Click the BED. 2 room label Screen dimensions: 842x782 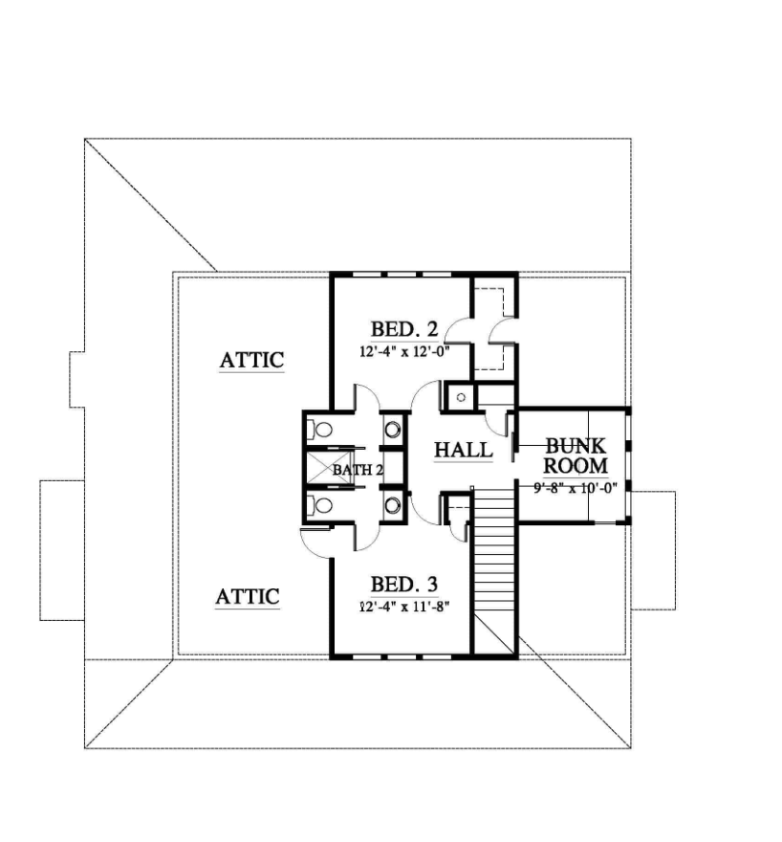tap(404, 330)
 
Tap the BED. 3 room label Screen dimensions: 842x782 tap(404, 584)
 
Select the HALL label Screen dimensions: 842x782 tap(464, 450)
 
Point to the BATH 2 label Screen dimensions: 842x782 tap(358, 470)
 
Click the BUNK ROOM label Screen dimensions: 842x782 tap(576, 456)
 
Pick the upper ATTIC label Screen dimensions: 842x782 tap(251, 361)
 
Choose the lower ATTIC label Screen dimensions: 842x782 tap(247, 597)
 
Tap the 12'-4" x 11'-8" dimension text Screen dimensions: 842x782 tap(404, 606)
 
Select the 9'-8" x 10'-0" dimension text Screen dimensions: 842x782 tap(576, 486)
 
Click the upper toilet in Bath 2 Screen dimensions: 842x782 tap(321, 429)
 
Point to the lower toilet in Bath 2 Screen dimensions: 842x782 tap(321, 504)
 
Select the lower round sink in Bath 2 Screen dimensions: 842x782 tap(392, 503)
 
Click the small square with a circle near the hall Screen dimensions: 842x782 tap(461, 396)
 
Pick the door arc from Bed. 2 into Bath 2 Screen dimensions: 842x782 tap(367, 398)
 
